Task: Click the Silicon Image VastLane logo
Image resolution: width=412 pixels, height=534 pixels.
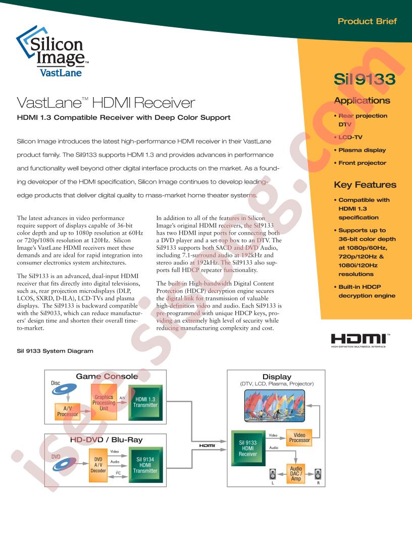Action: pos(53,51)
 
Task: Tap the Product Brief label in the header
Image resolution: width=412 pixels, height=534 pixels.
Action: pos(367,21)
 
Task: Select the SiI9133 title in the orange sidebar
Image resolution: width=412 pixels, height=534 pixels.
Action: pos(365,79)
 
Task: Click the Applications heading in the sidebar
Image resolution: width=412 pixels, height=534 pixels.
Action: pos(362,101)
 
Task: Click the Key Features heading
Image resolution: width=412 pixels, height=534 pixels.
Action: pos(365,185)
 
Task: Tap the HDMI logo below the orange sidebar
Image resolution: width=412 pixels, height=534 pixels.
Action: pos(360,340)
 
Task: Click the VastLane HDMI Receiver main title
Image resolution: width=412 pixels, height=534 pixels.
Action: pos(106,103)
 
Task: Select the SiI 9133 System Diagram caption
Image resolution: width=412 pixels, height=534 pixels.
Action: pos(55,351)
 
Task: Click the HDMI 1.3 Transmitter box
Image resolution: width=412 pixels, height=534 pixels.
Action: pos(145,403)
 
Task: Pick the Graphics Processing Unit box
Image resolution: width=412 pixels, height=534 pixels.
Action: pos(104,402)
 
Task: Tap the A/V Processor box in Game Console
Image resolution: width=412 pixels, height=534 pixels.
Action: pos(67,412)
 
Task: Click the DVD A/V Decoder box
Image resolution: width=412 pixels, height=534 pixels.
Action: pos(98,465)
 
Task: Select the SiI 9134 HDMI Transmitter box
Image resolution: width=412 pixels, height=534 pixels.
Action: pos(145,465)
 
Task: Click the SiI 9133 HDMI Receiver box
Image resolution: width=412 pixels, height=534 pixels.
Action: pos(248,448)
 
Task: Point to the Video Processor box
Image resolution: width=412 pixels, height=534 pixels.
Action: pos(299,437)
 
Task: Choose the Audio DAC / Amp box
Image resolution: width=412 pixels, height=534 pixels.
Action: pos(296,474)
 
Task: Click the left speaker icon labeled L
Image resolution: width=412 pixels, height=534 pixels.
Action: pos(273,474)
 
